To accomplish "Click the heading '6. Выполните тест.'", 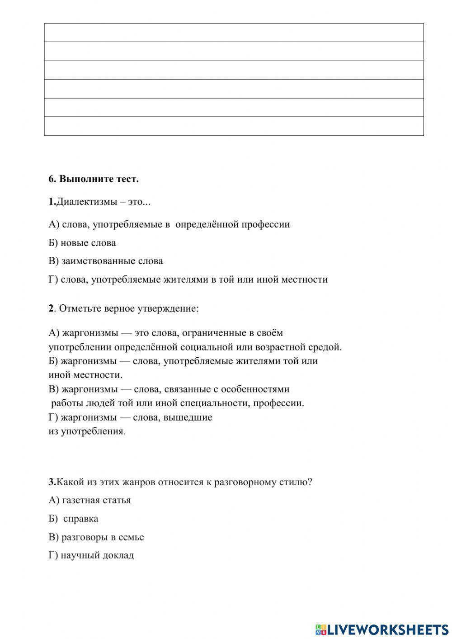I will pos(94,179).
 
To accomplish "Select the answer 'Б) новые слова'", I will pos(82,243).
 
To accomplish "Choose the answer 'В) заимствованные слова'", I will pos(106,261).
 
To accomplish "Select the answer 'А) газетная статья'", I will pos(89,500).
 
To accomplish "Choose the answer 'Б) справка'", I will pos(74,519).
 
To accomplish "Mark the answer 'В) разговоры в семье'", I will pos(96,537).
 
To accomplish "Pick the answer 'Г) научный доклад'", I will pos(91,555).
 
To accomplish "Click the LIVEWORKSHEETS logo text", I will pos(387,629).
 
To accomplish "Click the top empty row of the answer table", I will pos(234,33).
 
